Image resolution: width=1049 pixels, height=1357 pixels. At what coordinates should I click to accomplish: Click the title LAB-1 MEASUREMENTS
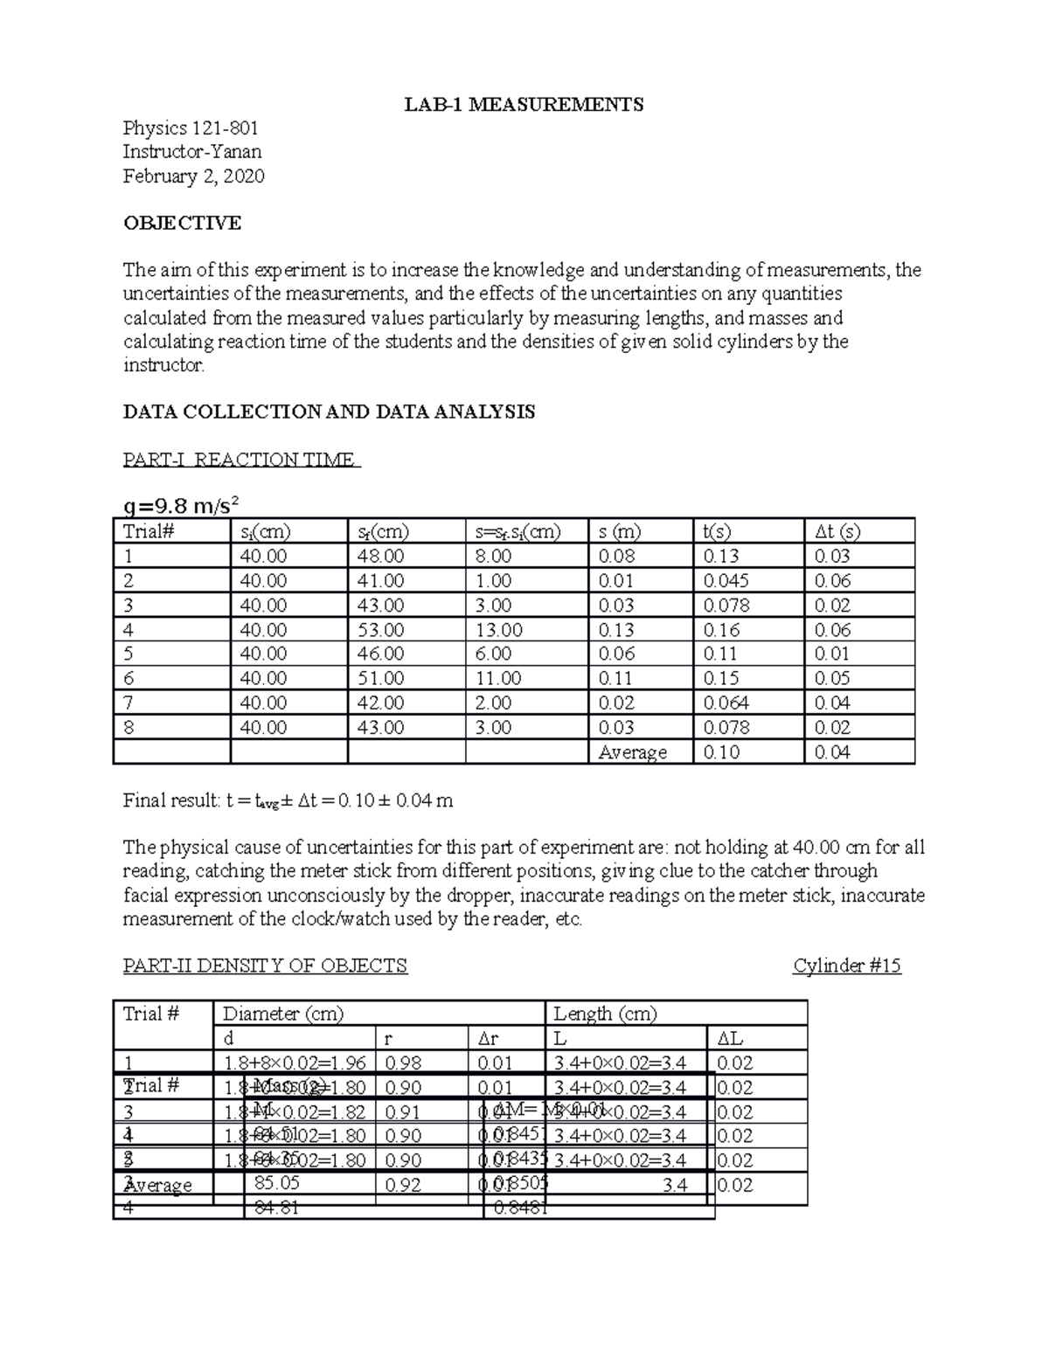pos(523,105)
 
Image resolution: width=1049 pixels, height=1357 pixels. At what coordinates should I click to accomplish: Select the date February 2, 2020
pos(193,177)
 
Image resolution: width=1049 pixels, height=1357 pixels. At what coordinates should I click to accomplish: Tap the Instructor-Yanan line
pos(192,152)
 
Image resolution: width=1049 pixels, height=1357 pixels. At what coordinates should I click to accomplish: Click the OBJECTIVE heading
pos(182,223)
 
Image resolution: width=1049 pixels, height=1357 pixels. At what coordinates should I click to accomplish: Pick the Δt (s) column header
pos(837,531)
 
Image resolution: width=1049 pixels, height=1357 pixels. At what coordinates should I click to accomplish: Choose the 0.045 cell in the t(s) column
pos(726,580)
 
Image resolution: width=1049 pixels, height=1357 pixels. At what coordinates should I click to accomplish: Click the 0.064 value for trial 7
pos(726,703)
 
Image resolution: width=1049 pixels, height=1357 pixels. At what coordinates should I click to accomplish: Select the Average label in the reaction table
pos(632,752)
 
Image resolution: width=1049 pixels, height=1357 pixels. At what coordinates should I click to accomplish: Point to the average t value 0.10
pos(721,752)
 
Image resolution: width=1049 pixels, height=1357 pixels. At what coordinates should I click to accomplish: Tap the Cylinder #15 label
pos(846,966)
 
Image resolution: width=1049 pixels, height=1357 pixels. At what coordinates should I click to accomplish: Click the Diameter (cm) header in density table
pos(283,1014)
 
